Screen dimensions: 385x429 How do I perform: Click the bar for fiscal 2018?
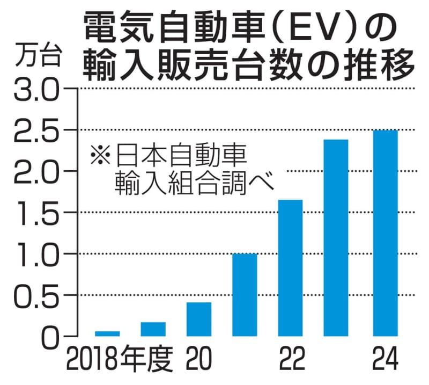pos(108,333)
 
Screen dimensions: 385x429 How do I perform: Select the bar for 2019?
pos(153,329)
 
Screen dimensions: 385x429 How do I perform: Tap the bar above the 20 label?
pos(199,319)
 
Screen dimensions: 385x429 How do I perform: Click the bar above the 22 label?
pos(290,267)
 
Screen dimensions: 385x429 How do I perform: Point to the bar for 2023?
pos(336,237)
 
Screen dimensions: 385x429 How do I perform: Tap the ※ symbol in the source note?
pos(100,157)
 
